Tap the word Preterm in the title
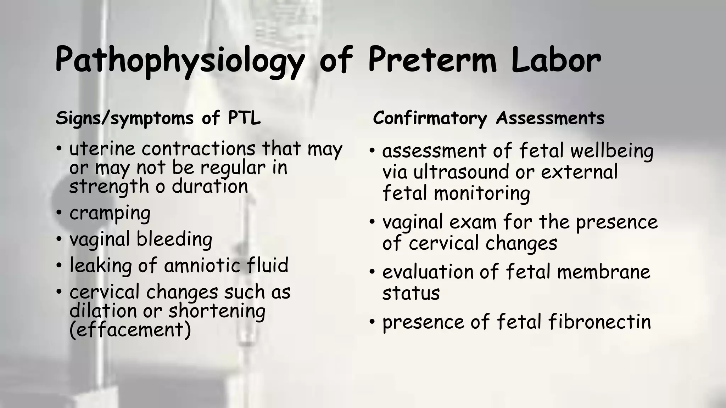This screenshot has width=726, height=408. pos(432,59)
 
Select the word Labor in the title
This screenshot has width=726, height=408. pos(555,59)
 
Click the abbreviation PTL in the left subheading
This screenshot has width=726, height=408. pos(244,118)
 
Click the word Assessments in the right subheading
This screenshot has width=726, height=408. pos(550,118)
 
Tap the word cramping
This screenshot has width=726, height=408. pos(110,214)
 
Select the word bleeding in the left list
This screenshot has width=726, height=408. pos(174,239)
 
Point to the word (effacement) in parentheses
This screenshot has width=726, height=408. pos(130,330)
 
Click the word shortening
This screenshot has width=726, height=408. pos(217,311)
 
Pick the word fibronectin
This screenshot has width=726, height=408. pos(599,322)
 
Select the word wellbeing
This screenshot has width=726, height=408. pos(612,151)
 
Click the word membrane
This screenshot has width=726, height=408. pos(603,272)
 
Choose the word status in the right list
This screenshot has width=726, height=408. pos(411,293)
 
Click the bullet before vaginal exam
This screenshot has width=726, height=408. pos(372,222)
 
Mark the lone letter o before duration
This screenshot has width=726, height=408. pos(160,187)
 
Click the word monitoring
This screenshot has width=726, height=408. pos(482,194)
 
